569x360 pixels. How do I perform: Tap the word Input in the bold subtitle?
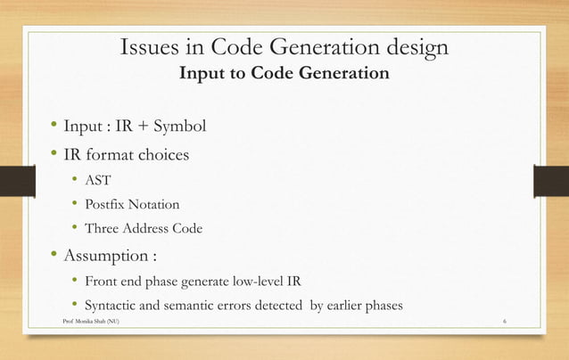201,73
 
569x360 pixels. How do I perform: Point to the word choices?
159,154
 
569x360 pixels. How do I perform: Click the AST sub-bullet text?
97,180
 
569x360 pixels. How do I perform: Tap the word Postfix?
105,204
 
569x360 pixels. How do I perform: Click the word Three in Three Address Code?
103,228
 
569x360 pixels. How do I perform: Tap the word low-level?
257,282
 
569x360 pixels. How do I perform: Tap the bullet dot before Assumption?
54,257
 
